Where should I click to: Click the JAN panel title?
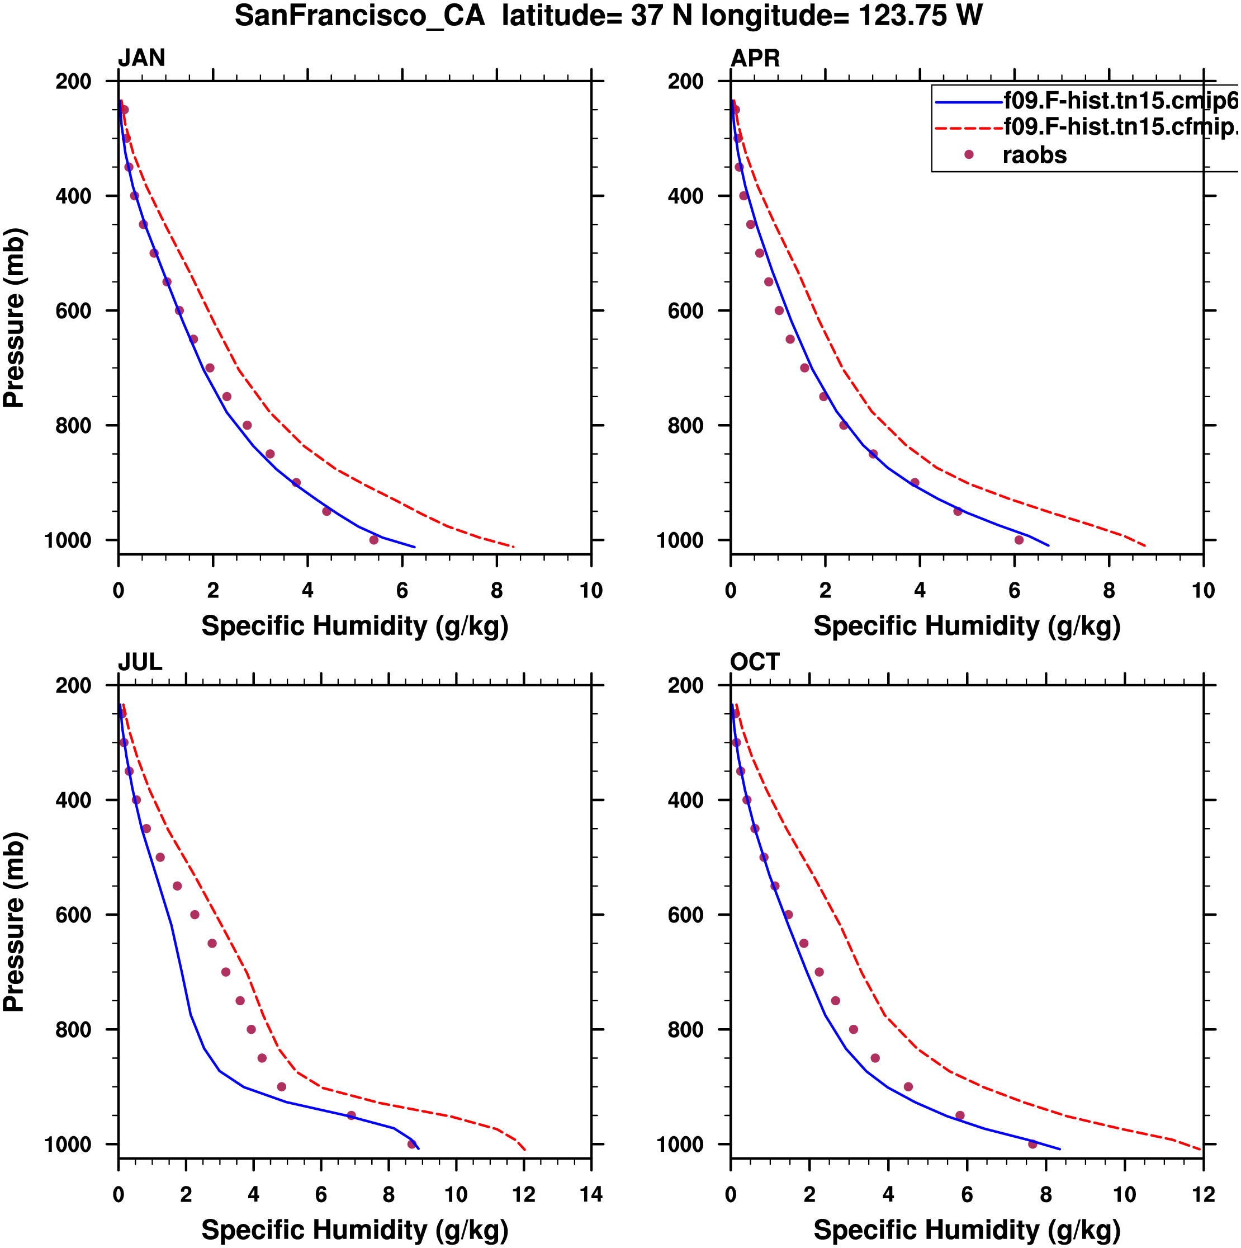(x=141, y=58)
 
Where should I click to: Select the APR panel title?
(x=755, y=58)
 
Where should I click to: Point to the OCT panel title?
(x=754, y=662)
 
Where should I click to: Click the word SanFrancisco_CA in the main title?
(x=359, y=16)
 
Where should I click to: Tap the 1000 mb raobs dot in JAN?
(x=374, y=540)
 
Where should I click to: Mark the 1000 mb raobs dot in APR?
(x=1019, y=540)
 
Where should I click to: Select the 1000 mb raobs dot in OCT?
(x=1032, y=1144)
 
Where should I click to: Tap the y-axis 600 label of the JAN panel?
(x=73, y=310)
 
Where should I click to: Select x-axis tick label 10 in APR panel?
(x=1203, y=590)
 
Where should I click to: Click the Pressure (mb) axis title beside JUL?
(x=14, y=922)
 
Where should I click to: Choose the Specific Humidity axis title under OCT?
(x=967, y=1230)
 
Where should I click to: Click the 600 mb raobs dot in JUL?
(x=195, y=915)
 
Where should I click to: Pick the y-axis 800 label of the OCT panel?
(x=685, y=1030)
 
